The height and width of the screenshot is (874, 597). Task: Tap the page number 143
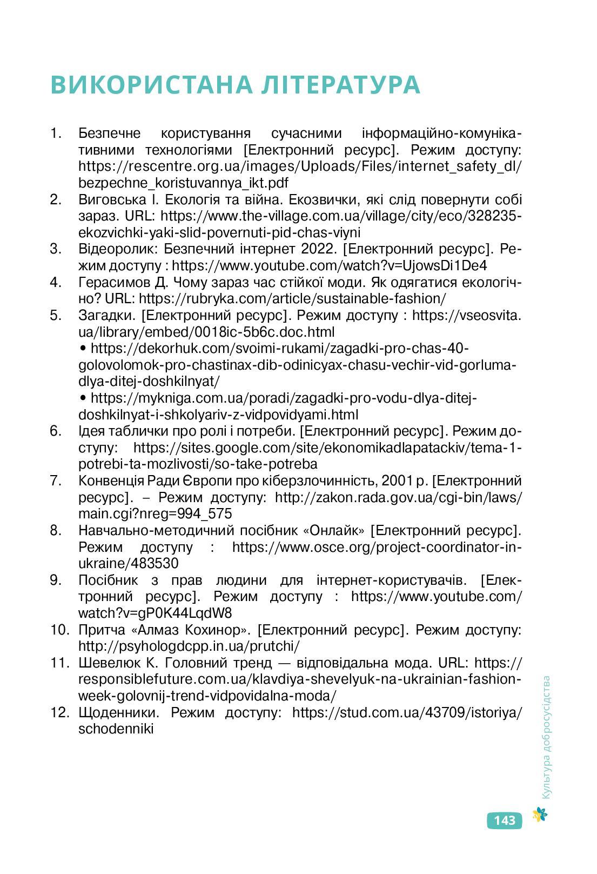tap(504, 820)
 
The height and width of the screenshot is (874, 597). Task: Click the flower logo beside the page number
tap(540, 815)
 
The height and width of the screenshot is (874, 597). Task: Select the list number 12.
tap(59, 712)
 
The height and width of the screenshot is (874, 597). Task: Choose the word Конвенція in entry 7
tap(111, 481)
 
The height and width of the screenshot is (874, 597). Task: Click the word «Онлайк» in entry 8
tap(337, 530)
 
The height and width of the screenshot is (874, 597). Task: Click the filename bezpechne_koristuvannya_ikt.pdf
tap(183, 183)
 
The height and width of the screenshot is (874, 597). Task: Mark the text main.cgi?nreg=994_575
tap(155, 513)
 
